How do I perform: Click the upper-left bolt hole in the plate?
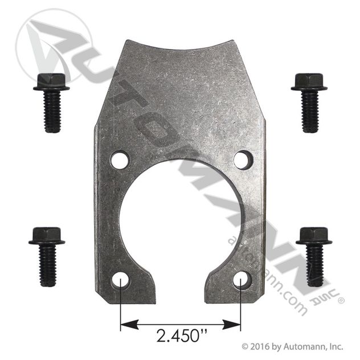coord(120,159)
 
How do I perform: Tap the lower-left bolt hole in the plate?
coord(120,280)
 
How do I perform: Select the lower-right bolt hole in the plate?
coord(242,280)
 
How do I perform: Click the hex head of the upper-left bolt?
coord(52,81)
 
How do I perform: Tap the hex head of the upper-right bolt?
coord(309,81)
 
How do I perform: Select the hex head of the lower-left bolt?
coord(47,236)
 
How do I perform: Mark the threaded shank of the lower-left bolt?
coord(48,265)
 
